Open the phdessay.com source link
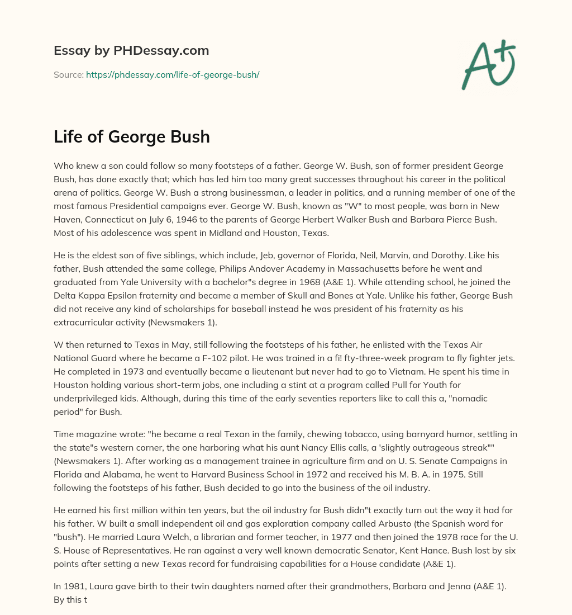pos(173,74)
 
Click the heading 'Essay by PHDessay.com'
pos(131,51)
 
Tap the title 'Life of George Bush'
pos(132,137)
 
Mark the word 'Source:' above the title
pos(68,74)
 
